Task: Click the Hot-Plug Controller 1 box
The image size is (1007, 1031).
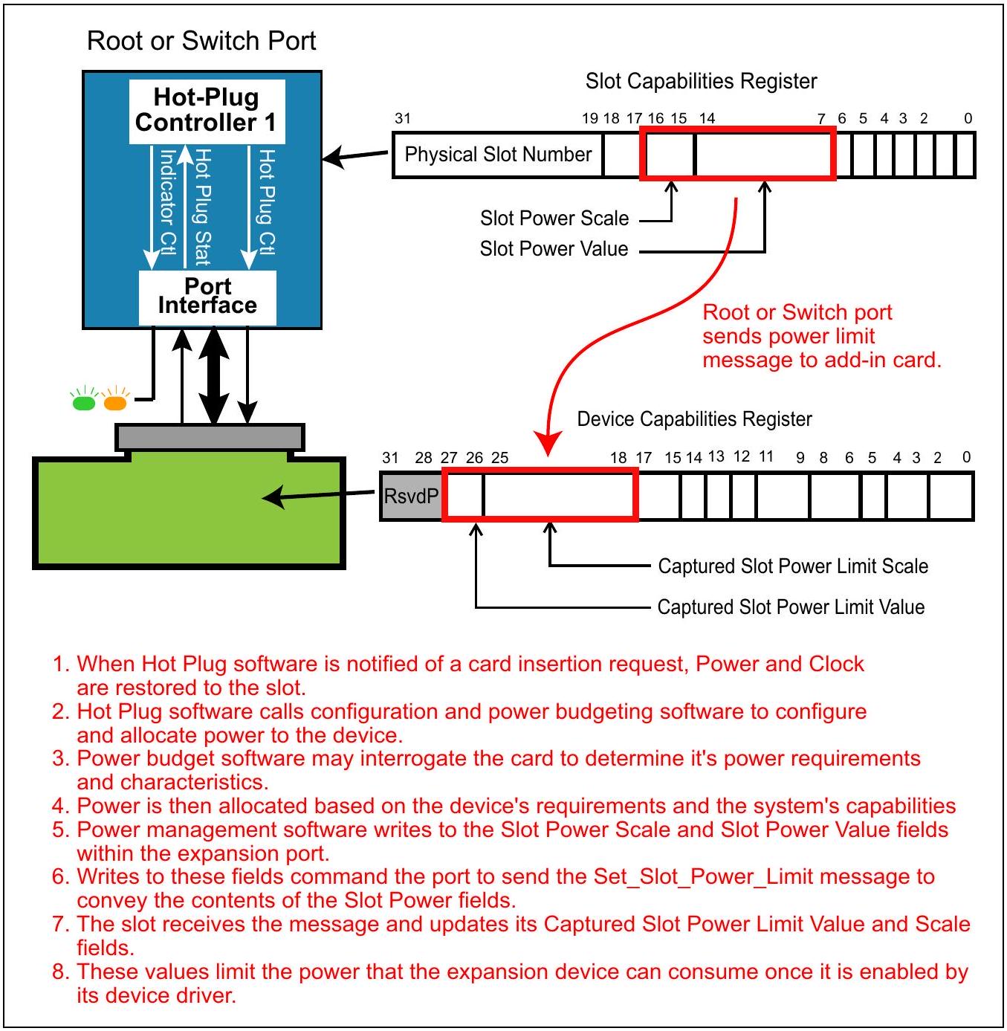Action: pos(207,111)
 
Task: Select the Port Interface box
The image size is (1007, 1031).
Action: pos(207,297)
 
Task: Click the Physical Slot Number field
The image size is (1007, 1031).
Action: pos(497,154)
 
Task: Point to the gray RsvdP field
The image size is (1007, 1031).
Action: pos(411,496)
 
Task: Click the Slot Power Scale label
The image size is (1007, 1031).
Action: pos(554,219)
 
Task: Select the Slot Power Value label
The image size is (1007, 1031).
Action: pos(554,248)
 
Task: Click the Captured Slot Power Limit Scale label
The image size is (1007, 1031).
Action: pos(792,566)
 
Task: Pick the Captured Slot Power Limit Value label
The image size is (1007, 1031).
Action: pos(790,607)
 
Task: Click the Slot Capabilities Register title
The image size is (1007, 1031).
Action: pos(701,81)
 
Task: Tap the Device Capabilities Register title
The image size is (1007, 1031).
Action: pos(694,418)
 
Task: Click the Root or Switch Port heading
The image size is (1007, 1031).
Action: pos(201,41)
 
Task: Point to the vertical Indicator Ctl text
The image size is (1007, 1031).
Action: pos(167,202)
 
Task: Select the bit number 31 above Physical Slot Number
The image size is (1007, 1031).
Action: pos(403,118)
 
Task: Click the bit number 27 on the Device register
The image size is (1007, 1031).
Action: pos(449,457)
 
